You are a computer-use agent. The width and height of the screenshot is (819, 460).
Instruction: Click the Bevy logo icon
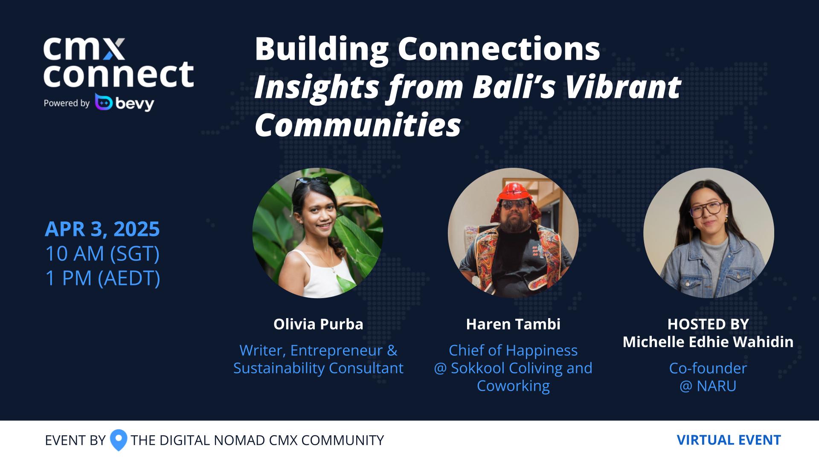coord(104,102)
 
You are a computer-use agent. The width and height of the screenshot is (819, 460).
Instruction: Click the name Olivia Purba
coord(318,324)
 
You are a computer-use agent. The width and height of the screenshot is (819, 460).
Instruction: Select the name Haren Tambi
coord(513,324)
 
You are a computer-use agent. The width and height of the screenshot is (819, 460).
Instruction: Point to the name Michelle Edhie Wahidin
coord(708,342)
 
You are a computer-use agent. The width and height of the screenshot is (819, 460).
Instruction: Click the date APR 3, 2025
coord(102,229)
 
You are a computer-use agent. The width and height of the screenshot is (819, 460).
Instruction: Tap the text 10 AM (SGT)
coord(102,254)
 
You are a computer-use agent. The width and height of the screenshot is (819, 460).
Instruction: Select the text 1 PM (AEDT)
coord(103,279)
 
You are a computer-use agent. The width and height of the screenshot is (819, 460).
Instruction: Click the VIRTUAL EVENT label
coord(729,440)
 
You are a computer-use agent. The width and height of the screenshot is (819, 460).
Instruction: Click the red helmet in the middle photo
coord(513,193)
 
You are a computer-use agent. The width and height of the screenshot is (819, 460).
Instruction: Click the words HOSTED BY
coord(708,324)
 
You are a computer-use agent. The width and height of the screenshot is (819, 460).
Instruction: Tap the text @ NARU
coord(708,386)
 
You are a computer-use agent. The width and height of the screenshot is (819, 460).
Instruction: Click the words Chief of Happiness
coord(513,350)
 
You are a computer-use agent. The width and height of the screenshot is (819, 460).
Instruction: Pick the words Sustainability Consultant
coord(318,368)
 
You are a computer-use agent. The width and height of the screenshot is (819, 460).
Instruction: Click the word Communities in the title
coord(358,125)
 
